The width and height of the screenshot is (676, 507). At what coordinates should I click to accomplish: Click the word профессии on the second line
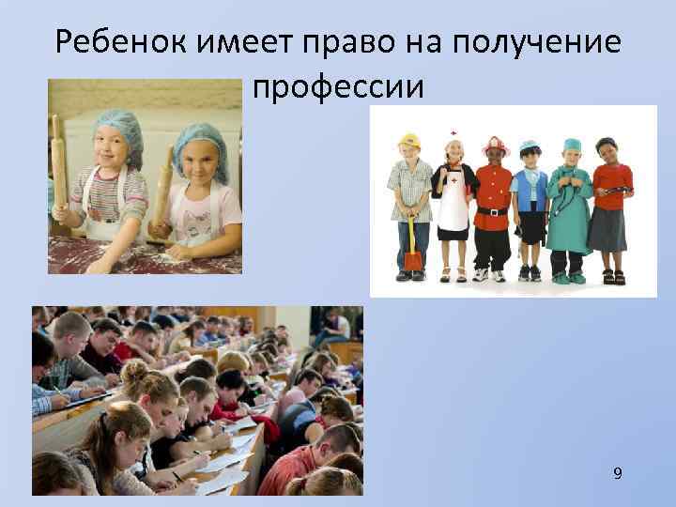tap(339, 87)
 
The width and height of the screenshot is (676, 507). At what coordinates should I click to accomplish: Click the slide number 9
tap(617, 472)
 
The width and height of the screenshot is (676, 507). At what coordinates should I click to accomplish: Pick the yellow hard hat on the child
tap(408, 142)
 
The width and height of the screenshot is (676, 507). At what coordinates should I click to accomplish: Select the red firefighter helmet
tap(495, 145)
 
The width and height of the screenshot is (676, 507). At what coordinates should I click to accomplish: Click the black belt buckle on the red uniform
tap(491, 212)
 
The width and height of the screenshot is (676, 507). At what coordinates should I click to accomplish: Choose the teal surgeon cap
tap(572, 146)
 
